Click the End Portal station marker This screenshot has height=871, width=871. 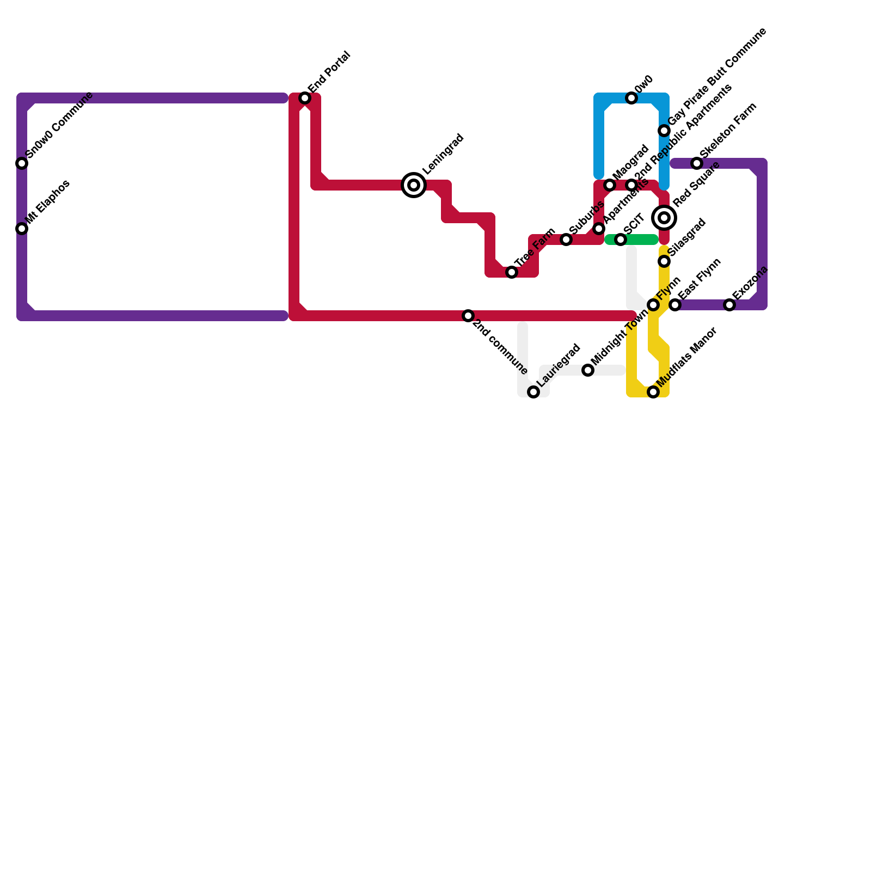[x=305, y=98]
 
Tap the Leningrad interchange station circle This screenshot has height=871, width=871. [x=414, y=185]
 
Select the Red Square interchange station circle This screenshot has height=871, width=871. [x=664, y=218]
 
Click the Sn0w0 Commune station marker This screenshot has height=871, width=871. [x=22, y=163]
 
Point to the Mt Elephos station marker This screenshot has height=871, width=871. [x=22, y=229]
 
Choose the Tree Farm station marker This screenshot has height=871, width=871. [x=512, y=272]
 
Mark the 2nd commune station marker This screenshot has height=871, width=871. [x=468, y=316]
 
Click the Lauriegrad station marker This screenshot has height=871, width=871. [x=533, y=392]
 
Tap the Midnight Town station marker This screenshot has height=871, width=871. [x=588, y=370]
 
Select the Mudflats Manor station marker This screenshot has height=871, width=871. [x=653, y=392]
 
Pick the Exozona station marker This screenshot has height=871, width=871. [x=729, y=305]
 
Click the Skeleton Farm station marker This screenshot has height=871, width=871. [x=697, y=163]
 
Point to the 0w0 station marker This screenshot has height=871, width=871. [x=631, y=98]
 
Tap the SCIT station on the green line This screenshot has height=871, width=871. [x=621, y=240]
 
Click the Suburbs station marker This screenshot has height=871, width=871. [x=566, y=240]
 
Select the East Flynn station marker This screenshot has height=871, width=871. [x=675, y=305]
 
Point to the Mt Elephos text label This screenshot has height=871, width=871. [x=48, y=202]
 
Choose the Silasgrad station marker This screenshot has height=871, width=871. [x=664, y=261]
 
